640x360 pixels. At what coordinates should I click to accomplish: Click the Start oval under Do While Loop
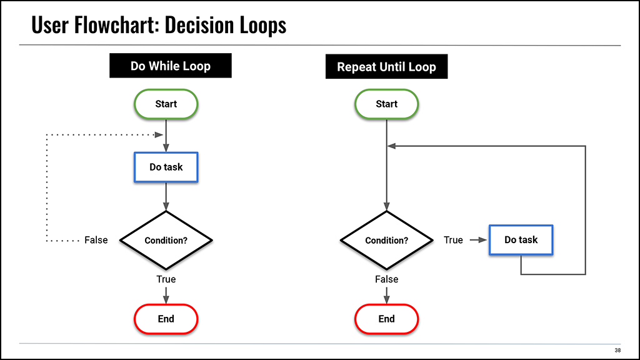click(x=166, y=104)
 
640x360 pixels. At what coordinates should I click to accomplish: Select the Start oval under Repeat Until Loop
click(x=386, y=104)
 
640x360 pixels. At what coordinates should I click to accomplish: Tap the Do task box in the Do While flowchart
click(x=166, y=167)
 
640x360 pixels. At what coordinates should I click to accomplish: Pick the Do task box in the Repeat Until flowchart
click(x=521, y=239)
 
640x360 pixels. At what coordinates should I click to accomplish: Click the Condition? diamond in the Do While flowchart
click(x=166, y=241)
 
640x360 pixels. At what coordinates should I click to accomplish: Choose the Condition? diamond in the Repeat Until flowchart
click(x=386, y=241)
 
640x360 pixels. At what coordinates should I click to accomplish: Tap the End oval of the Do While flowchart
click(x=166, y=319)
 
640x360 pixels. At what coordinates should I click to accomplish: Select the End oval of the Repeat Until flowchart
click(x=386, y=319)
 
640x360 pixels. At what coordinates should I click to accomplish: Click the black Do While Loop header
click(x=171, y=66)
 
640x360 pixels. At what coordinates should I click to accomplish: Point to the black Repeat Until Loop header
click(x=386, y=66)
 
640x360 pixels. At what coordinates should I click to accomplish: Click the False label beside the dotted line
click(x=96, y=240)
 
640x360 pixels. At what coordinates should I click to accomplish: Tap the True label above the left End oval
click(x=166, y=279)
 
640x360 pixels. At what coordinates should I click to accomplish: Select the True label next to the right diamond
click(x=454, y=240)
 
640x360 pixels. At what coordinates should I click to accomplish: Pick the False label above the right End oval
click(x=386, y=279)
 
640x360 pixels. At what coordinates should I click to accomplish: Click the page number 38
click(x=617, y=350)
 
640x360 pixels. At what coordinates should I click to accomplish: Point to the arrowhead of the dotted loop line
click(x=159, y=135)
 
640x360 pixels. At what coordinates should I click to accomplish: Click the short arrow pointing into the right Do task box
click(x=478, y=240)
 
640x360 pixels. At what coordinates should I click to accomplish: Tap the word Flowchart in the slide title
click(x=117, y=25)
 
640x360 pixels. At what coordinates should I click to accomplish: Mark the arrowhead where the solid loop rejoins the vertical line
click(x=391, y=146)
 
